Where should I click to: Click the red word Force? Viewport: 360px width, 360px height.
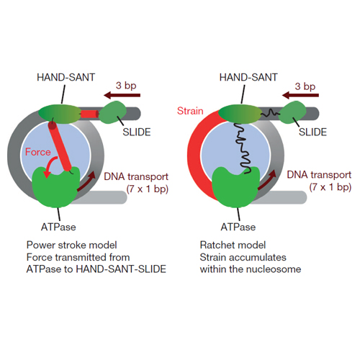point(38,152)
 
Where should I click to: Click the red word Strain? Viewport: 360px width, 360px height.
point(190,111)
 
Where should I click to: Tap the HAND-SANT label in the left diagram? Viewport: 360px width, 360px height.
point(66,77)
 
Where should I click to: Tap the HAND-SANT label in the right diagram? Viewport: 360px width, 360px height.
point(248,77)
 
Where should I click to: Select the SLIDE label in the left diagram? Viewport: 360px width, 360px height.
point(137,132)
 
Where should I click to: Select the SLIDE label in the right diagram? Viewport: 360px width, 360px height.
point(312,132)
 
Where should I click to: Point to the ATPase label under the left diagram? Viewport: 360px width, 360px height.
point(58,227)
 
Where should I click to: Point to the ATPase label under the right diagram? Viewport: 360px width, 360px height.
point(238,227)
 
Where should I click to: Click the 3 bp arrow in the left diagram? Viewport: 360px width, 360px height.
point(122,95)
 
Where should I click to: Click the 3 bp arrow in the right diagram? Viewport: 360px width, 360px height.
point(300,95)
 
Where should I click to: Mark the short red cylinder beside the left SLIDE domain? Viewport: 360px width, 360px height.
point(89,114)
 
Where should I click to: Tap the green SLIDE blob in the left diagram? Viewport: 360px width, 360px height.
point(112,112)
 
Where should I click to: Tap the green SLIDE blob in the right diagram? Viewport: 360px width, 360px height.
point(293,112)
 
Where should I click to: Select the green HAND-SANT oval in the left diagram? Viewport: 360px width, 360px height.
point(60,114)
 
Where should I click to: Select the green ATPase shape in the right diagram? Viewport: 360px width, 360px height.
point(236,187)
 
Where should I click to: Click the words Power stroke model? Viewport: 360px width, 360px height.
point(71,245)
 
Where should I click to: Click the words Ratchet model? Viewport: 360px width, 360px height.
point(233,245)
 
